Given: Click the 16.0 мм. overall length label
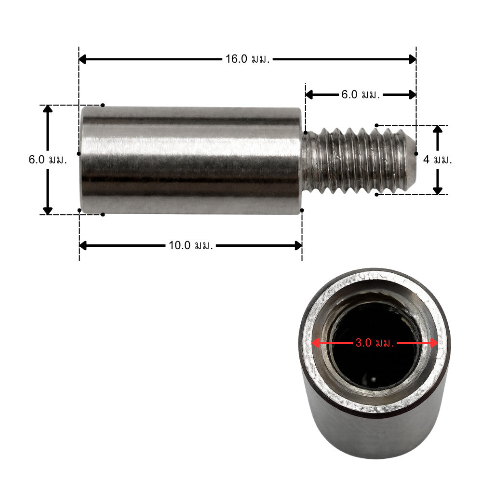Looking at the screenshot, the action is click(247, 59).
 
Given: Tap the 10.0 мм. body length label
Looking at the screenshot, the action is click(190, 246).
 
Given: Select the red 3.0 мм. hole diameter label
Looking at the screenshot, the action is click(375, 343).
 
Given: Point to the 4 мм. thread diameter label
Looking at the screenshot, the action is click(438, 160).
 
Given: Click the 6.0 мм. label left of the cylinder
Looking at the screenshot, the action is click(48, 160).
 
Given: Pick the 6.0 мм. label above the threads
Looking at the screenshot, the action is click(361, 94).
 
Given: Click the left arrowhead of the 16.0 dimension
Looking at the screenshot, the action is click(82, 59).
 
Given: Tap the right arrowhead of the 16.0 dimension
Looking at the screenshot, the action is click(413, 59).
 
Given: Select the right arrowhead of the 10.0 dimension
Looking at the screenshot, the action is click(298, 246).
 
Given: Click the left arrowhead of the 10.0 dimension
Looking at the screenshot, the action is click(83, 246).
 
